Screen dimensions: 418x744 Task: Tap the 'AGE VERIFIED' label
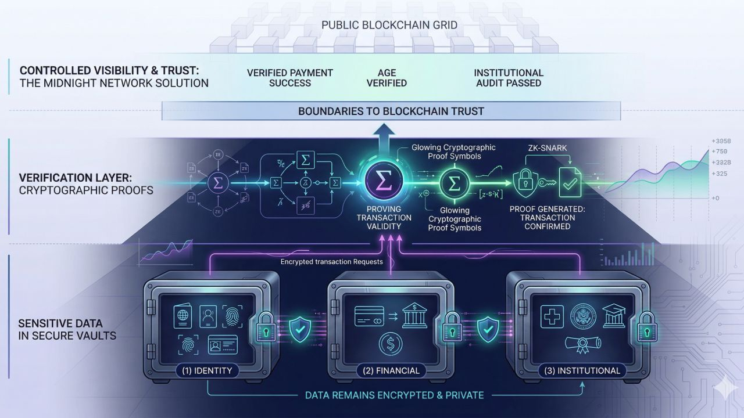(x=387, y=78)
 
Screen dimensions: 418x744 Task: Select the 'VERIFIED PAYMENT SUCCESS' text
(x=289, y=78)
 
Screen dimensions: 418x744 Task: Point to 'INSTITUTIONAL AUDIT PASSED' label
(x=508, y=78)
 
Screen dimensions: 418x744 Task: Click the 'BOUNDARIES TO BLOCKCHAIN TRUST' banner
(x=391, y=111)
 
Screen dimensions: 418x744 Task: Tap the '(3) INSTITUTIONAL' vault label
(x=581, y=370)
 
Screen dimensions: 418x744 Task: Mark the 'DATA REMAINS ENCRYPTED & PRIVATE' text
(x=394, y=395)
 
